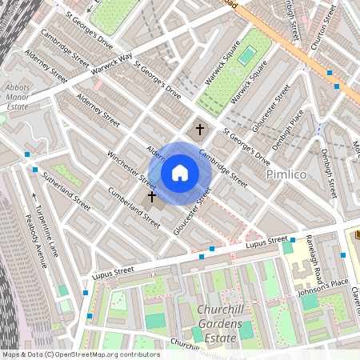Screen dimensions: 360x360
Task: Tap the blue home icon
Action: [x=180, y=172]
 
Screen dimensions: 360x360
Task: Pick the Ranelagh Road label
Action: [x=312, y=262]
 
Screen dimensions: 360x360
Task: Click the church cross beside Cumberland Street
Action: [x=151, y=196]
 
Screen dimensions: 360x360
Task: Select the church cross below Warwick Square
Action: [x=200, y=128]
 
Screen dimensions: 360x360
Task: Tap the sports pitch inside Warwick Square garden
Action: [x=247, y=54]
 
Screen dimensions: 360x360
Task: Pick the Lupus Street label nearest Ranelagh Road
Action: [x=266, y=242]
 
